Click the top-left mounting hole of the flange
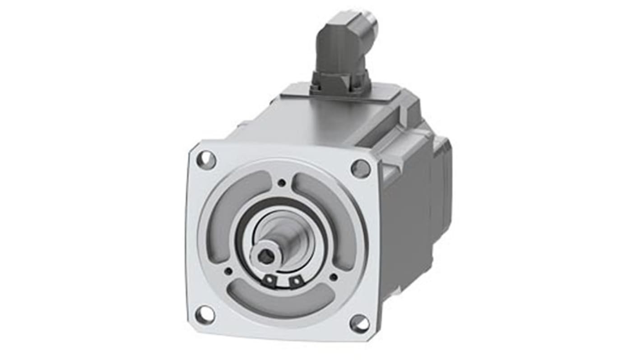click(206, 160)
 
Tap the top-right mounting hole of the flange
click(360, 169)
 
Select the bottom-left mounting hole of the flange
click(204, 314)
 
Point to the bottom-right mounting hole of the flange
click(359, 323)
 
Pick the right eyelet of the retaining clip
click(295, 282)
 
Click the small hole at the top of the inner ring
click(282, 183)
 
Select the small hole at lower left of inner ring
click(228, 271)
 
